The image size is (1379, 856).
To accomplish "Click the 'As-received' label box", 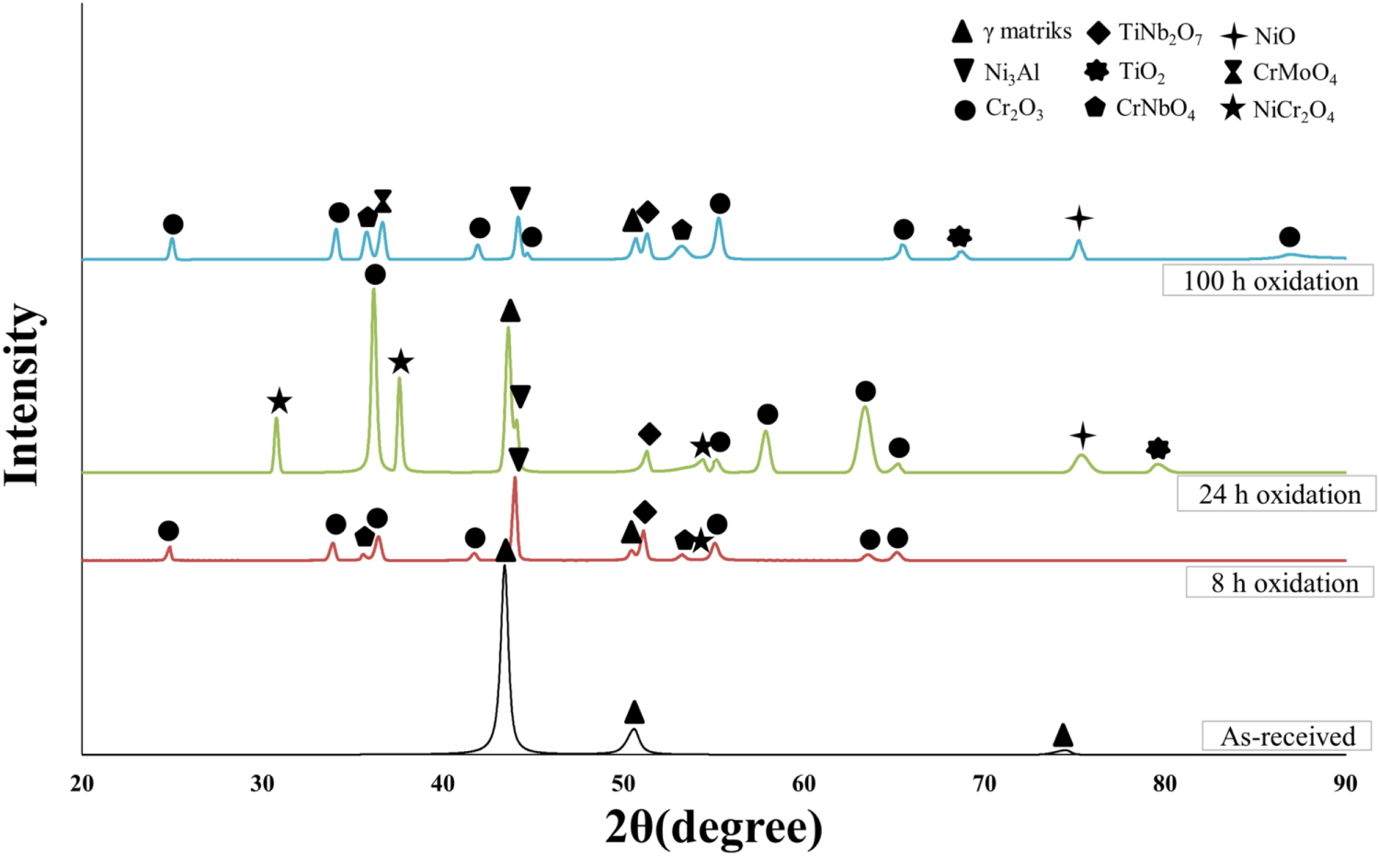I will tap(1287, 736).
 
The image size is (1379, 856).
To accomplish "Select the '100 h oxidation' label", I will tap(1269, 280).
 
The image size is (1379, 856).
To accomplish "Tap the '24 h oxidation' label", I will tap(1278, 495).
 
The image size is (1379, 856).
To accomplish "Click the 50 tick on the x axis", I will tap(623, 783).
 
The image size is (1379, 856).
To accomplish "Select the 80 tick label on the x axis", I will tap(1165, 783).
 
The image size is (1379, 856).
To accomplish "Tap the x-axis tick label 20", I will tap(82, 783).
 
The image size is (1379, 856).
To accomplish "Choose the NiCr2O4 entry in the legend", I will tap(1280, 110).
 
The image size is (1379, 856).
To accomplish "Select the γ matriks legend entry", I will tap(1011, 32).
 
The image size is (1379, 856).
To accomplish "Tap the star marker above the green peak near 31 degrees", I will tap(279, 402).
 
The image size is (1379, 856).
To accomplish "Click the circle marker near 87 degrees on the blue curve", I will tap(1289, 237).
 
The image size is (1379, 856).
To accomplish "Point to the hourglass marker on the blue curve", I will tap(383, 201).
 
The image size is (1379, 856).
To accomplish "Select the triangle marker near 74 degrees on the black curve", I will tap(1063, 735).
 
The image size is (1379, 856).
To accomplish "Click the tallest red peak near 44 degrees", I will tap(515, 480).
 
